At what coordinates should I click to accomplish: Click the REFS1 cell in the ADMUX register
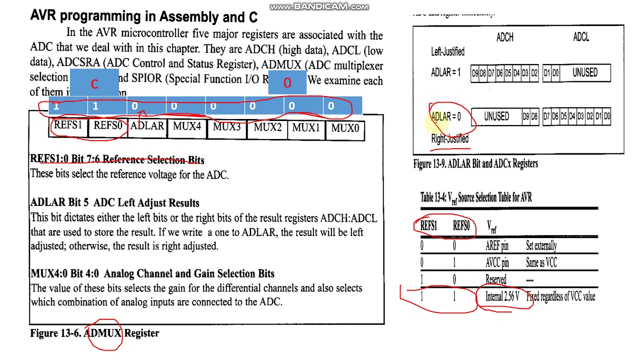(67, 125)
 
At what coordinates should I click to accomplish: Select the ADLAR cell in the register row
(147, 126)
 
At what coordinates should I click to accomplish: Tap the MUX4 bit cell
(187, 126)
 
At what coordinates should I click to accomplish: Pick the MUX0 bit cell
(345, 128)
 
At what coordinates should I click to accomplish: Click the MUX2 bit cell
(267, 127)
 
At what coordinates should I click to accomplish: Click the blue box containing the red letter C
(94, 83)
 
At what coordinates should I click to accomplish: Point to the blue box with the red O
(287, 82)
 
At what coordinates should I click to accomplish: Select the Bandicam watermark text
(319, 6)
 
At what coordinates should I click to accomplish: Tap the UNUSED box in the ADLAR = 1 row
(584, 72)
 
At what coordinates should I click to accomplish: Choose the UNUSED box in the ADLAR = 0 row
(496, 116)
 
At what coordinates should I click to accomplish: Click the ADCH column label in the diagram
(504, 37)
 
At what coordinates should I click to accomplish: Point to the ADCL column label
(581, 37)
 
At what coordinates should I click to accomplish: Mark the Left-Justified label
(447, 51)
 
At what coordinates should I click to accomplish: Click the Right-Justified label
(449, 138)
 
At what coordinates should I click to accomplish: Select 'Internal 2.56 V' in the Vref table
(502, 296)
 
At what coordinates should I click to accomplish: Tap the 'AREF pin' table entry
(496, 245)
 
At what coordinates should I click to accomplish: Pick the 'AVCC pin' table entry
(497, 262)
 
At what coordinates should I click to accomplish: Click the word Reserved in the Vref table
(495, 279)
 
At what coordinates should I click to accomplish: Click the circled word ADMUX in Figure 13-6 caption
(104, 333)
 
